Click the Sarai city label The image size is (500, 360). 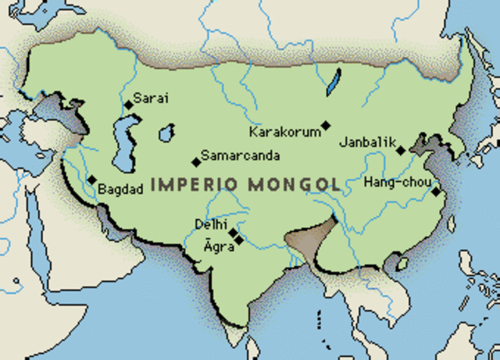point(152,98)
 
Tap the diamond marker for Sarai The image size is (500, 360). point(128,105)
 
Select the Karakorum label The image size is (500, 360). point(284,131)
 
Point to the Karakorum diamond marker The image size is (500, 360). point(326,125)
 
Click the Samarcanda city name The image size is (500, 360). point(240,156)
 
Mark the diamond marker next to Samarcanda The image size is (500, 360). point(195,162)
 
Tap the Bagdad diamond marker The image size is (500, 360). point(92,180)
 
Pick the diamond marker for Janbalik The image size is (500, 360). point(400,151)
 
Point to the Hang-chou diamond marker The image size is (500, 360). point(435,191)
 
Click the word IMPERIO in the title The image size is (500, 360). point(195,185)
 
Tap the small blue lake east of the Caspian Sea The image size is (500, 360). point(166,134)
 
